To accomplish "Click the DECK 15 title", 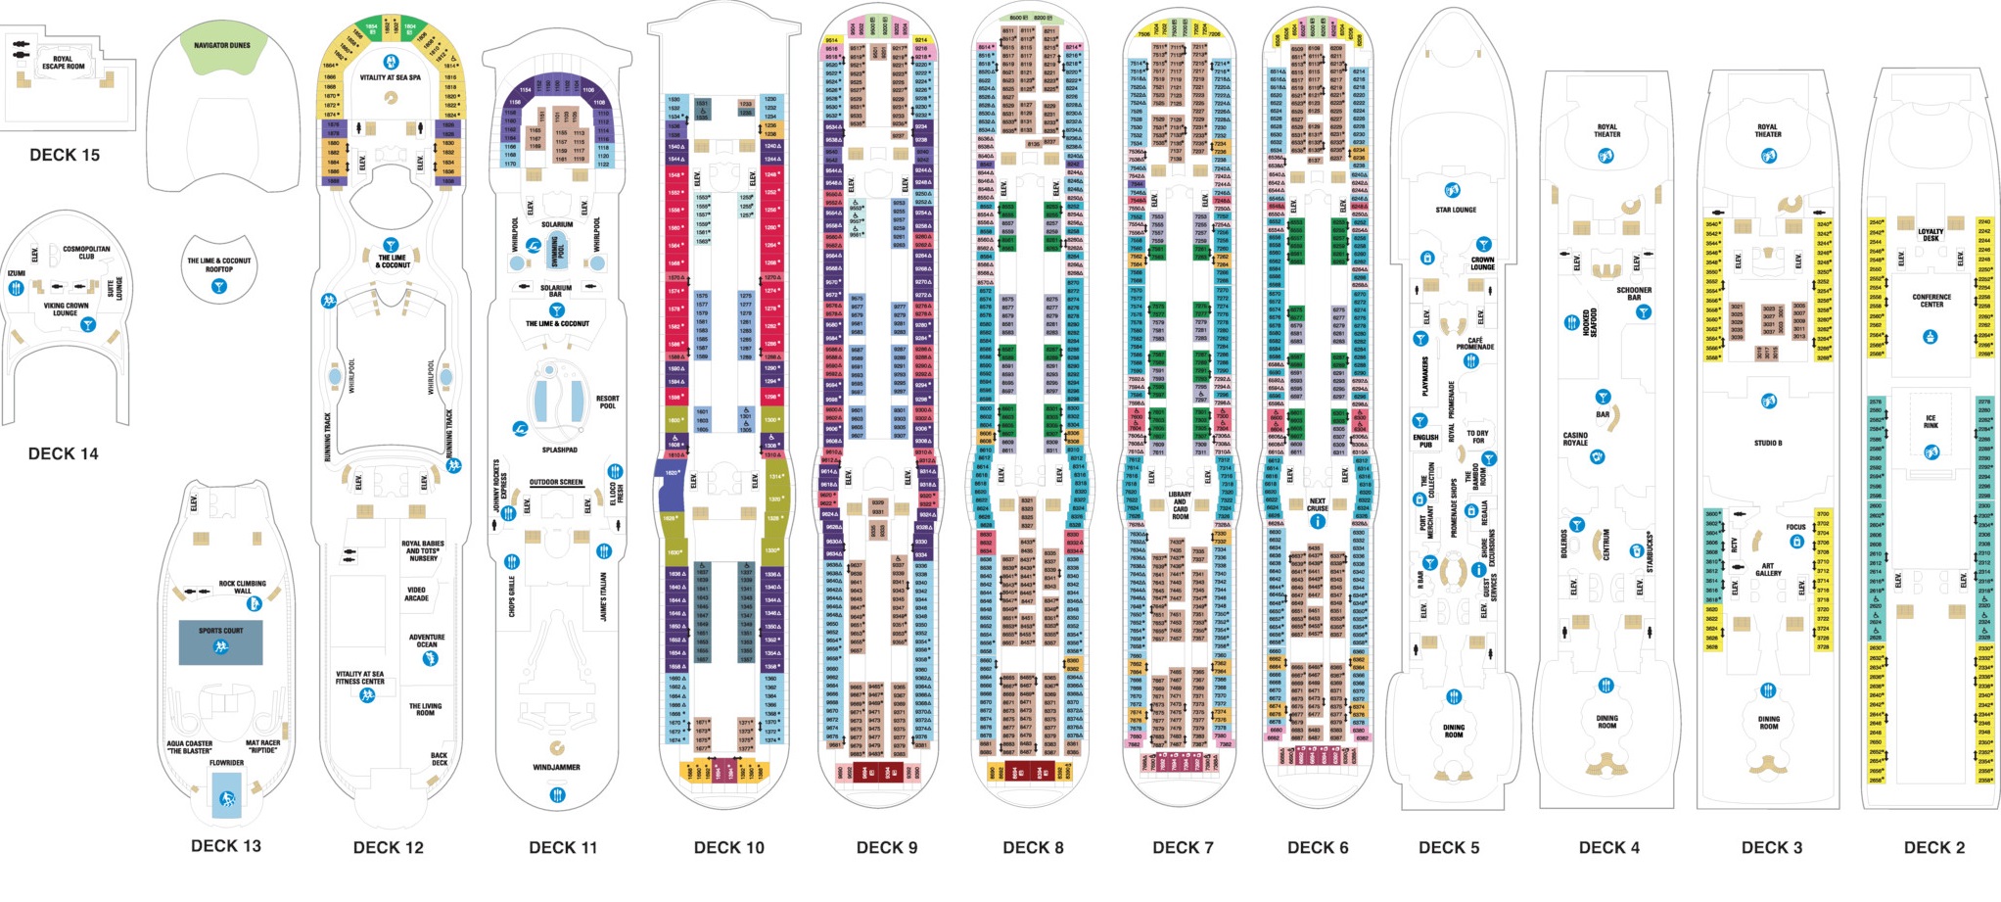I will pos(65,155).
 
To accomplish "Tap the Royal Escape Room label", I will pos(63,63).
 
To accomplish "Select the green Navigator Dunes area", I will pos(222,53).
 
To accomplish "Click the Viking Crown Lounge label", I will pos(66,309).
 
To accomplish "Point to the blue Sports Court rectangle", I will pos(220,641).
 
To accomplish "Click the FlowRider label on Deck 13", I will pos(226,762).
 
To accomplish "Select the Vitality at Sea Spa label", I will pos(391,77).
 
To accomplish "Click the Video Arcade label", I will pos(417,593).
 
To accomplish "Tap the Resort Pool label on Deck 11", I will pos(607,402).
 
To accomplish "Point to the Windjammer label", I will pos(557,767).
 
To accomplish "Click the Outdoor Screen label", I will pos(556,482).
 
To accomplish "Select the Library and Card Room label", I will pos(1181,505).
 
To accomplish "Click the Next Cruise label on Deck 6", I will pos(1318,504).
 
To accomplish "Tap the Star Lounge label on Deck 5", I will pos(1456,210).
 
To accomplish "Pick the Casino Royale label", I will pos(1575,439).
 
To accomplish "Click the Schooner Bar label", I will pos(1634,293).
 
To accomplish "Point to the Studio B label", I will pos(1768,443).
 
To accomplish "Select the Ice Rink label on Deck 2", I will pos(1931,421).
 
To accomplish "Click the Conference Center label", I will pos(1931,301).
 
